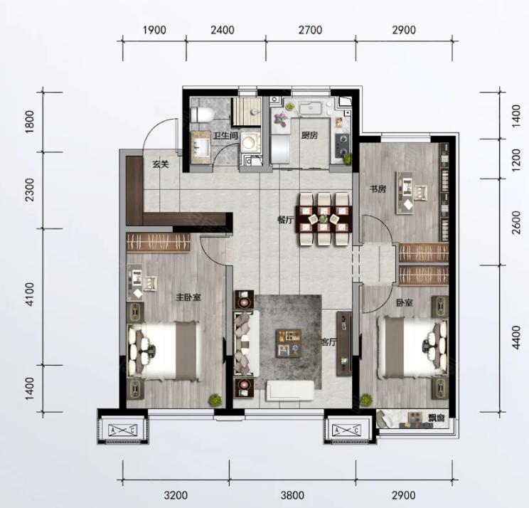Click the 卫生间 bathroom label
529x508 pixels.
point(225,136)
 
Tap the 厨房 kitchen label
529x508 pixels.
point(309,135)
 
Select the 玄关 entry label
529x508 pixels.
point(161,165)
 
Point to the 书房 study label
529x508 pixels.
point(378,189)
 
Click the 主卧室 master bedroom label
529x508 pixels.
point(188,297)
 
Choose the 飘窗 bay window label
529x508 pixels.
point(437,418)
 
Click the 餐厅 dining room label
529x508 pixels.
point(285,220)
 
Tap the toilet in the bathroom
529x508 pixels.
point(202,115)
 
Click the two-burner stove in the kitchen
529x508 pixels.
point(342,146)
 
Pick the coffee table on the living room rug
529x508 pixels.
point(289,343)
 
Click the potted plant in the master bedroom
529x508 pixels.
point(215,400)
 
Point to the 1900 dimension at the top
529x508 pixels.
point(154,30)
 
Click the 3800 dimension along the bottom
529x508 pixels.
point(292,495)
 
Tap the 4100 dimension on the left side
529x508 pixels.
point(31,295)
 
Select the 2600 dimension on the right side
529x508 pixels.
point(516,222)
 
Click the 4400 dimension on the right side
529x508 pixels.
point(516,337)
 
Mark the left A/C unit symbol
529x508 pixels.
point(123,430)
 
